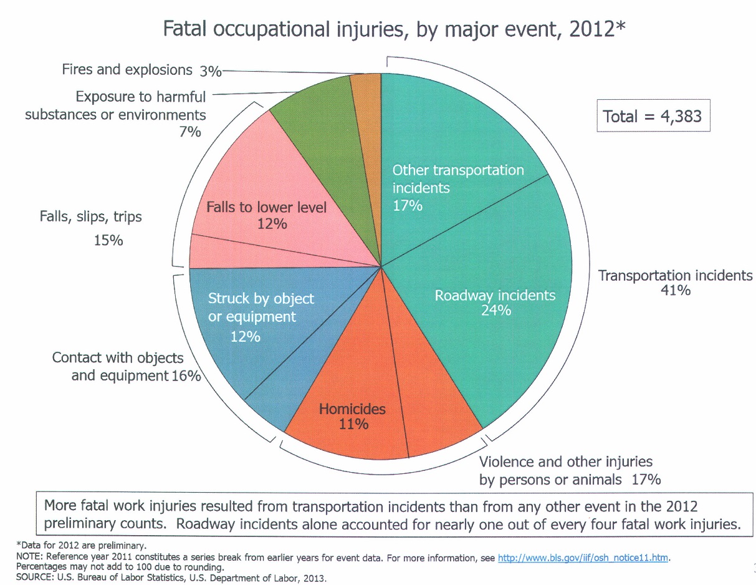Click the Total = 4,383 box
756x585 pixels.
coord(653,116)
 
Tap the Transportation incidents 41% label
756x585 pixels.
coord(675,282)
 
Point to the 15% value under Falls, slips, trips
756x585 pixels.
coord(108,239)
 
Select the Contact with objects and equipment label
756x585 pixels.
coord(125,367)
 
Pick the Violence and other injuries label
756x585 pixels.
coord(568,470)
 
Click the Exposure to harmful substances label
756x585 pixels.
coord(117,106)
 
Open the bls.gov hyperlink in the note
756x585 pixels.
coord(583,558)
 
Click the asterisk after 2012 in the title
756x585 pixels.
coord(620,26)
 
